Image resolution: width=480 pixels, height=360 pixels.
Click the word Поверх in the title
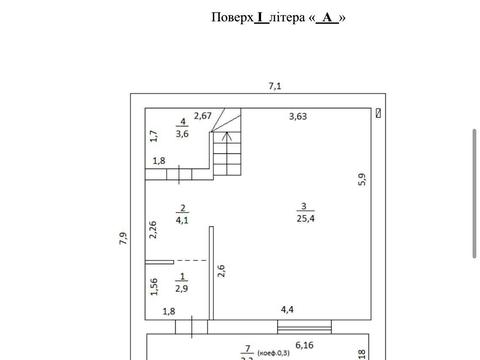tap(231, 17)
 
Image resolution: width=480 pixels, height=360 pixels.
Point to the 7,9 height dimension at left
tap(123, 237)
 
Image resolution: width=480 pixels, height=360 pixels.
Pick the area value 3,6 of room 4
tap(183, 132)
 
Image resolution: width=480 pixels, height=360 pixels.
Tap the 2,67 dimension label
tap(203, 117)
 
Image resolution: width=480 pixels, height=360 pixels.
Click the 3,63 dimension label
tap(298, 117)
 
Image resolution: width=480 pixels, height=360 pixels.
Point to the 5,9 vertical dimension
tap(363, 180)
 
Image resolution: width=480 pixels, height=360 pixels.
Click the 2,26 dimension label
tap(154, 229)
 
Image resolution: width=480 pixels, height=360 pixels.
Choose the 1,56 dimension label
tap(154, 288)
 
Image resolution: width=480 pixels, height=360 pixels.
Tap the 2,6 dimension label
tap(221, 269)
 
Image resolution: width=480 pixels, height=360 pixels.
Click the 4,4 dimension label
tap(288, 310)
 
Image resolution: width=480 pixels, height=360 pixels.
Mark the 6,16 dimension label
tap(305, 344)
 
